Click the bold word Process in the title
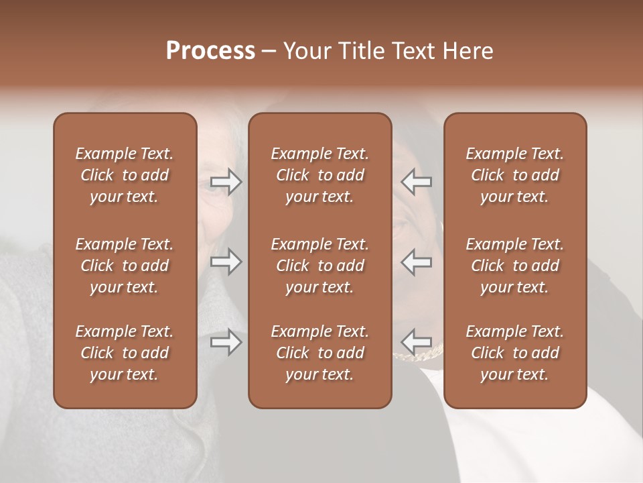pos(210,51)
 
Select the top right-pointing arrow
pos(226,182)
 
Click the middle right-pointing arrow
pos(226,262)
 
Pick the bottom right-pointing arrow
pos(226,343)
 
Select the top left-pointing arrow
pos(417,182)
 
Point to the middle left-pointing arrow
pos(417,262)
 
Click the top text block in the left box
pos(125,175)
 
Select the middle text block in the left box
pos(125,266)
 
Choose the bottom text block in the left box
pos(125,353)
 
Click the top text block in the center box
pos(319,175)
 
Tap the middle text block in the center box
pos(319,266)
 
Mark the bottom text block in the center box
pos(319,353)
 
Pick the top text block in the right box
pos(514,175)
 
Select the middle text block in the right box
pos(514,266)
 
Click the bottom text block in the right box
pos(514,353)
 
